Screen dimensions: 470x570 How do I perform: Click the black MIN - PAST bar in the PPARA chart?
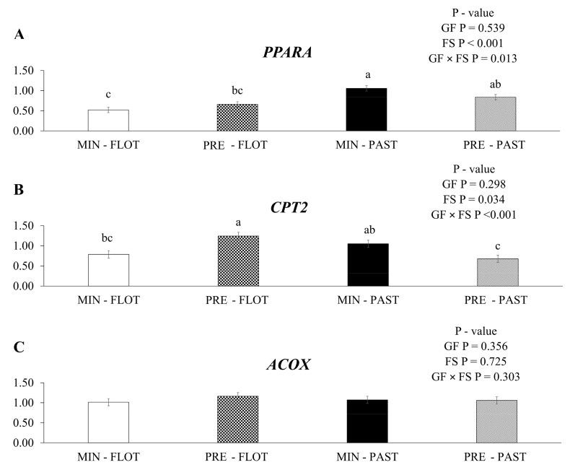[x=367, y=110]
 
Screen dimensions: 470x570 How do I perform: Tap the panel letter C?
[x=19, y=347]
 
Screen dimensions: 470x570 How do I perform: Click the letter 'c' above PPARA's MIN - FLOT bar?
[x=108, y=95]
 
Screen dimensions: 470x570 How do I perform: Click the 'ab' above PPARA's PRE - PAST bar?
[x=496, y=84]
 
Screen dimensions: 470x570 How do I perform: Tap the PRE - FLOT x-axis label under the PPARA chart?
[x=235, y=145]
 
